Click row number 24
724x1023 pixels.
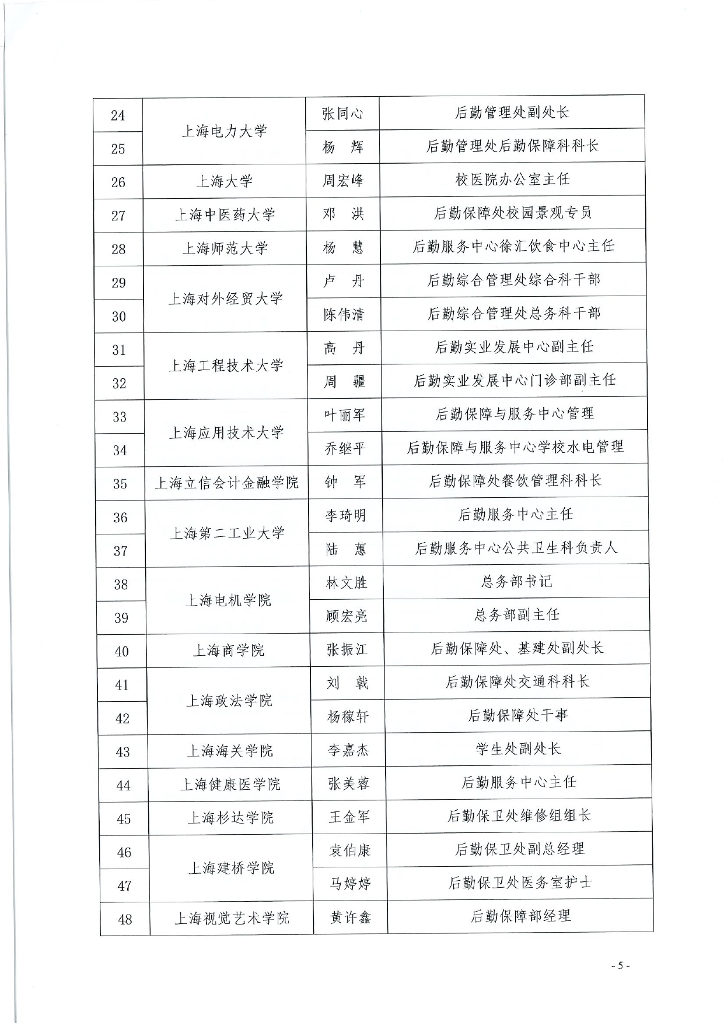click(118, 115)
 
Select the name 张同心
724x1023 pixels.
click(342, 113)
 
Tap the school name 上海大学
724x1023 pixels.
click(225, 181)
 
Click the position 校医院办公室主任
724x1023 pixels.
click(512, 180)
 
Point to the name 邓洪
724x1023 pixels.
click(343, 214)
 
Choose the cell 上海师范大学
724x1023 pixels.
click(225, 248)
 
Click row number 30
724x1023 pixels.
click(119, 316)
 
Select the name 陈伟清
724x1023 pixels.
click(344, 315)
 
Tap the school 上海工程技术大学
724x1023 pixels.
click(226, 365)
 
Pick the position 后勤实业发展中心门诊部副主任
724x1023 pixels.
click(515, 381)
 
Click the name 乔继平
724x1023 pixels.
click(345, 449)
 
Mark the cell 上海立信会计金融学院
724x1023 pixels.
click(226, 483)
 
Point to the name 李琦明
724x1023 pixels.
click(345, 515)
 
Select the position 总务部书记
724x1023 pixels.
click(516, 581)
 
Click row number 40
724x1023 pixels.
click(121, 651)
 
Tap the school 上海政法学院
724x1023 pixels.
click(229, 700)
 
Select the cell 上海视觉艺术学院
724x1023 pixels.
click(232, 919)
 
